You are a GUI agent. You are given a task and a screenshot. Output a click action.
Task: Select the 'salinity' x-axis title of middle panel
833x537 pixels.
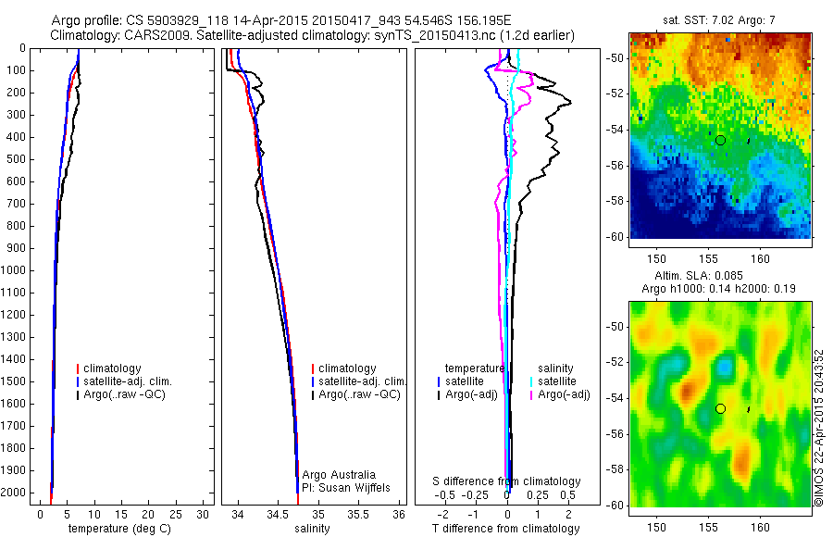(311, 530)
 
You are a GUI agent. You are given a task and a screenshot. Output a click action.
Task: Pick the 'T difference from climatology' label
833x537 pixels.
(505, 530)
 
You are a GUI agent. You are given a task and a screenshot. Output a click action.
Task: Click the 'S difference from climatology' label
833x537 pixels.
(506, 481)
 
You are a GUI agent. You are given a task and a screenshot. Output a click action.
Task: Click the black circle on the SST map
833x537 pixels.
(720, 140)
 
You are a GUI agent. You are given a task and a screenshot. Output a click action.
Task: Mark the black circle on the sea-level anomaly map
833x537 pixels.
(720, 408)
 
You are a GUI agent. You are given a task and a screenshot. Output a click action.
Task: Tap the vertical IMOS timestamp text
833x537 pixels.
(818, 429)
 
